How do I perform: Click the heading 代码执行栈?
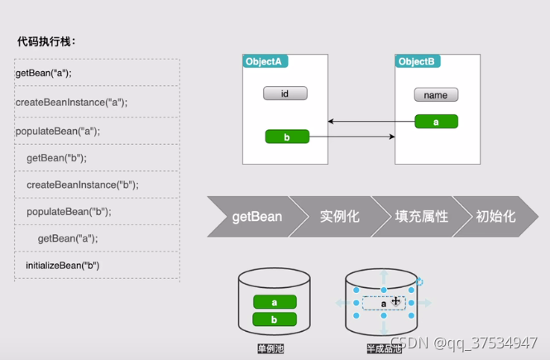tap(46, 41)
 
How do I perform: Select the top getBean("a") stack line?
tap(44, 73)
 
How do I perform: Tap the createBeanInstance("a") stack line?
tap(71, 103)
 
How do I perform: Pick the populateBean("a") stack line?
tap(57, 131)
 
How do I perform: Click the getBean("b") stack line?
tap(56, 157)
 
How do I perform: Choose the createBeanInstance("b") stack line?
tap(82, 185)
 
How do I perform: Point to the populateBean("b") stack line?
tap(69, 211)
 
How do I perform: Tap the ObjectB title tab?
tap(418, 62)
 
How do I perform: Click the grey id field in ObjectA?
tap(285, 94)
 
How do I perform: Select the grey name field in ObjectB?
tap(436, 95)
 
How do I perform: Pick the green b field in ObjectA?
tap(286, 137)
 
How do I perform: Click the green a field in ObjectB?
tap(436, 122)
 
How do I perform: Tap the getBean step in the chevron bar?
tap(256, 217)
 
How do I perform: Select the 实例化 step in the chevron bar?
tap(339, 217)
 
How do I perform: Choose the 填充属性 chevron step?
tap(421, 217)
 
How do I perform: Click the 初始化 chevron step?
tap(495, 217)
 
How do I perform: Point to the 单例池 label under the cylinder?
tap(270, 349)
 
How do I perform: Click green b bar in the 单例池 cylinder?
tap(274, 319)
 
